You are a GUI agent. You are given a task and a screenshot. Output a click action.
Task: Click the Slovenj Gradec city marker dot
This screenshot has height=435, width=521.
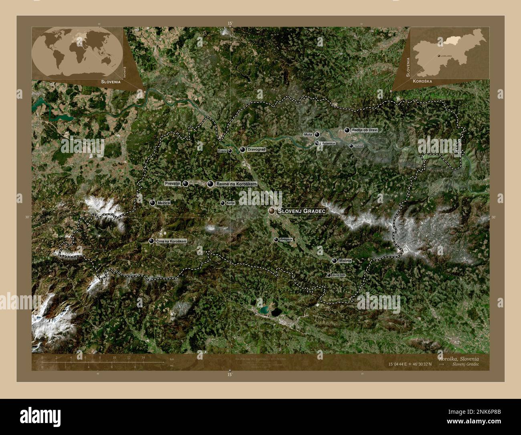272,211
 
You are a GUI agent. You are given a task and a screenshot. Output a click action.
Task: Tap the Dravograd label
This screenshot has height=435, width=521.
256,150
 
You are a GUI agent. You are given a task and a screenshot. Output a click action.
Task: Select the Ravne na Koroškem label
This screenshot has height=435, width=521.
236,184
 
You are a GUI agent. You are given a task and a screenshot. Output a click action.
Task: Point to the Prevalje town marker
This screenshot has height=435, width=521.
186,183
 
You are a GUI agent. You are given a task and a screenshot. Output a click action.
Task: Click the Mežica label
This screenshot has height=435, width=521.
164,203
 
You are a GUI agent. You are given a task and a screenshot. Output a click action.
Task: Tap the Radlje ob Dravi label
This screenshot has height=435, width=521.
364,130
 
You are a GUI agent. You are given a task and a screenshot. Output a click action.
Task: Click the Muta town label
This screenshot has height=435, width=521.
308,134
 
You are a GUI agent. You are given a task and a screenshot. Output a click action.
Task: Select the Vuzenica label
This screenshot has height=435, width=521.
328,143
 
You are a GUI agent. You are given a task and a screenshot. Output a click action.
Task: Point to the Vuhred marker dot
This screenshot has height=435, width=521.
351,146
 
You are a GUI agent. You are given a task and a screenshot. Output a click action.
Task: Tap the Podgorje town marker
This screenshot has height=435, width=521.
276,240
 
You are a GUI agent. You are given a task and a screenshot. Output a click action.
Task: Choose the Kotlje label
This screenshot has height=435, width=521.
230,203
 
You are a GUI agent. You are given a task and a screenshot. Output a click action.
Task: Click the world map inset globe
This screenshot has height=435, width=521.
77,54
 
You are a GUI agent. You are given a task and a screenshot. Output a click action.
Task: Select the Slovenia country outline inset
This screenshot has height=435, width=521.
450,54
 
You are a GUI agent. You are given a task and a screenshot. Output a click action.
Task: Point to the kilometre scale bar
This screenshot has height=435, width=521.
102,362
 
